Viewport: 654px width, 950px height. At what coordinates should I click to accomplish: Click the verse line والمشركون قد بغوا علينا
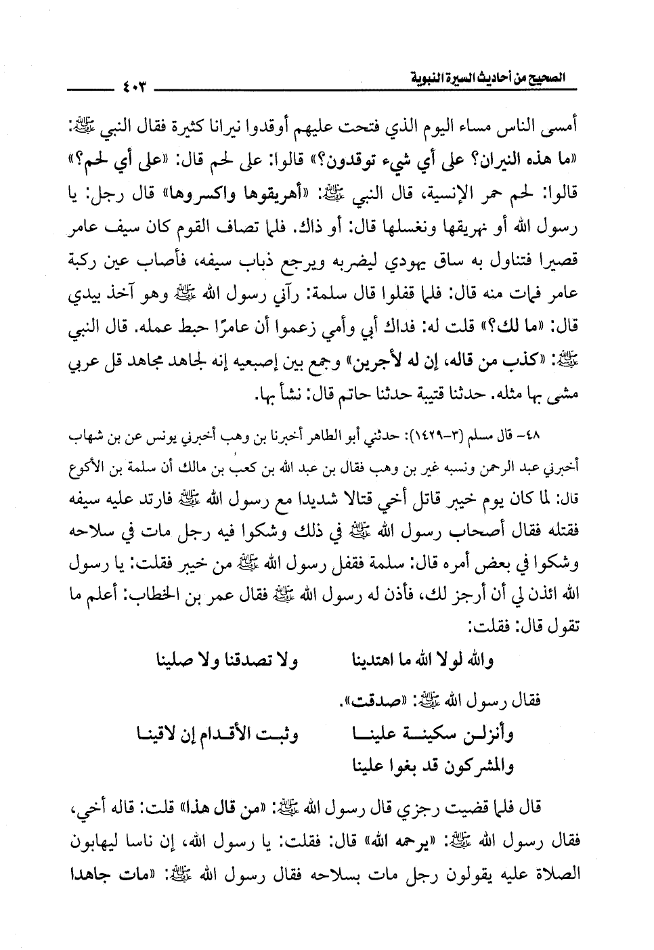pyautogui.click(x=433, y=767)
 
